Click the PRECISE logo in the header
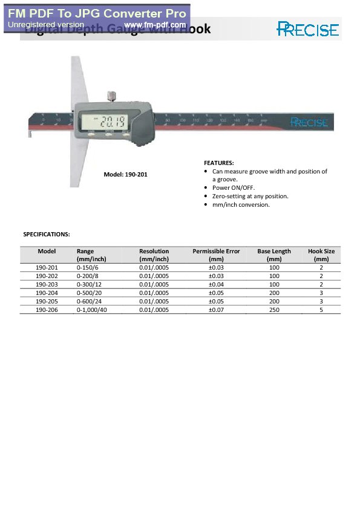[x=308, y=28]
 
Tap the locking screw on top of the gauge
[x=111, y=96]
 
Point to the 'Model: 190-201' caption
[x=125, y=175]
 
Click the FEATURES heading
[x=218, y=163]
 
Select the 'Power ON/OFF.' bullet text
[x=234, y=188]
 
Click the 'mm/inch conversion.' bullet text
[x=241, y=205]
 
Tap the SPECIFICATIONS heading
[x=46, y=233]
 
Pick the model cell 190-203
[x=47, y=284]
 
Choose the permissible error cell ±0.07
[x=216, y=310]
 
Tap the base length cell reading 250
[x=274, y=310]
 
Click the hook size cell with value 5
[x=321, y=310]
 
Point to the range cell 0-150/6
[x=88, y=267]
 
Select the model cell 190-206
[x=47, y=310]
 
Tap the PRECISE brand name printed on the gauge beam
[x=309, y=122]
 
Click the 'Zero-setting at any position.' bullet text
[x=250, y=196]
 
